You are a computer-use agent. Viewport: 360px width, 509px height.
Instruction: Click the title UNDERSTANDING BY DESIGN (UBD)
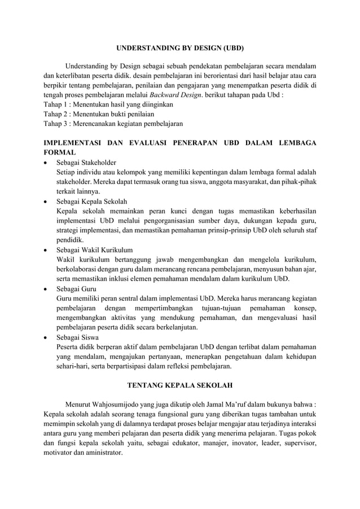coord(180,49)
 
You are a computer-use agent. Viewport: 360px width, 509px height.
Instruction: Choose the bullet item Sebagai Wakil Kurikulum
coord(94,249)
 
